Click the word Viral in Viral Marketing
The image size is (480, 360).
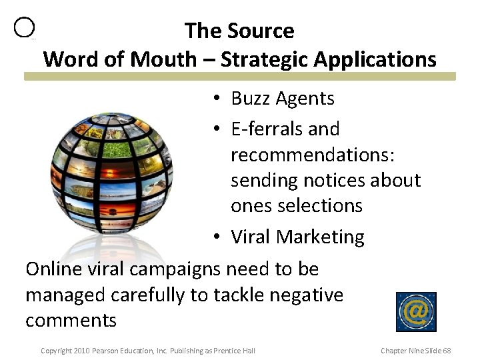(251, 237)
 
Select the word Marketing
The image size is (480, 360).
(321, 237)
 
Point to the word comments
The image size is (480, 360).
(71, 320)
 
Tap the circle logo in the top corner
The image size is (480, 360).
(24, 27)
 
